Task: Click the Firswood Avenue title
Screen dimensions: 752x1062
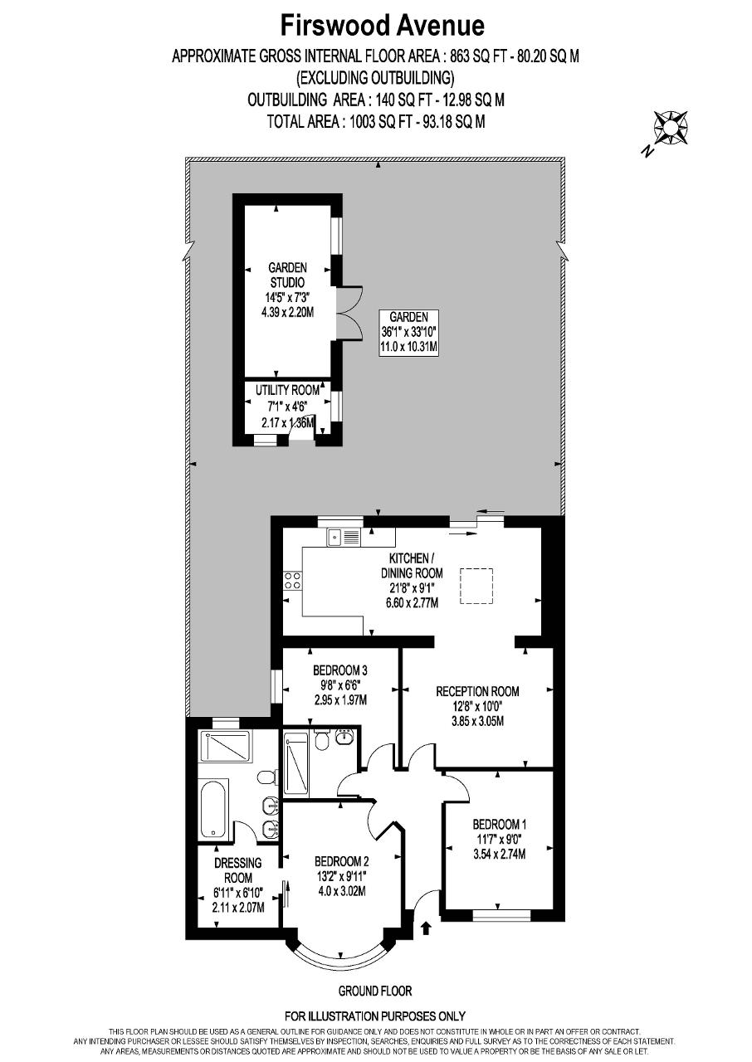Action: (382, 26)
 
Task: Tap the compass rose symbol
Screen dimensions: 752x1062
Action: (671, 128)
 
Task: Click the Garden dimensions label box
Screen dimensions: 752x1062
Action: (408, 333)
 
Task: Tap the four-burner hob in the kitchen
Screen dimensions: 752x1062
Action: (292, 581)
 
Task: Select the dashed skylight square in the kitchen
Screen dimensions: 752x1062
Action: (476, 586)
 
